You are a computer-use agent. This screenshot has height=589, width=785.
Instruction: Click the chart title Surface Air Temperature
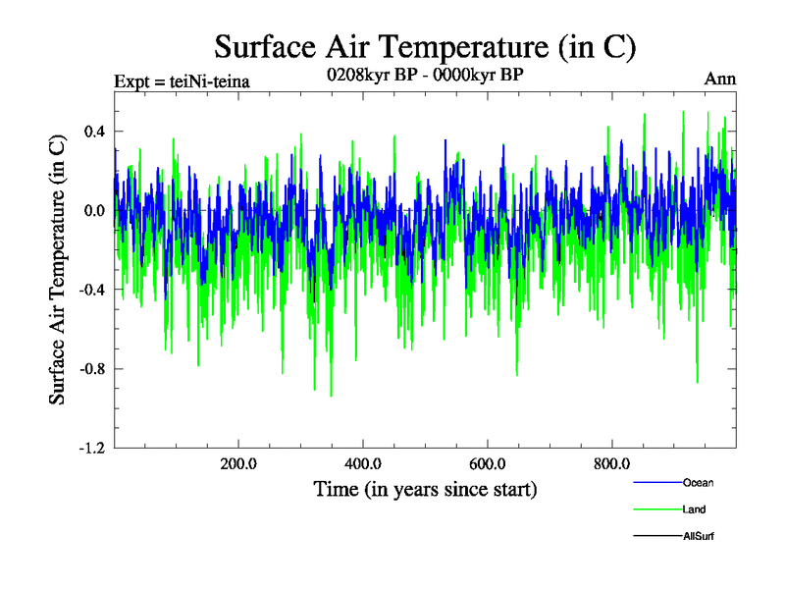(x=426, y=46)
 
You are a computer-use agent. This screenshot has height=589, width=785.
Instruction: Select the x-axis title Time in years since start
(x=425, y=488)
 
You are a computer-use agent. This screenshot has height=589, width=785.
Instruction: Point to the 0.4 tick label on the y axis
(x=93, y=132)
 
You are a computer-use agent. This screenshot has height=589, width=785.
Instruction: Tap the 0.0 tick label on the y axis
(x=93, y=211)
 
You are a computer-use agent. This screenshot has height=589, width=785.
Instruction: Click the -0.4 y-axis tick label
(x=91, y=290)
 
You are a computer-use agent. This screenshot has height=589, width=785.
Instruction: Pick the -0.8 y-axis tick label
(x=91, y=369)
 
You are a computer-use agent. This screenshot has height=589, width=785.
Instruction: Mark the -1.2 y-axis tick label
(x=91, y=449)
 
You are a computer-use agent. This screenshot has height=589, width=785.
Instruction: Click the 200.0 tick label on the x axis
(x=238, y=464)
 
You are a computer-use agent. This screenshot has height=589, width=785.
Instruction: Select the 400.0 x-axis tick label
(x=363, y=464)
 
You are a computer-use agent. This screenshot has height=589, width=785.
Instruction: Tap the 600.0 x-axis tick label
(x=488, y=464)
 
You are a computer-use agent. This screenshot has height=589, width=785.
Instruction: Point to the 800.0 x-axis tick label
(x=612, y=464)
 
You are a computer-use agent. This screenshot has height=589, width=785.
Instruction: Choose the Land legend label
(x=694, y=509)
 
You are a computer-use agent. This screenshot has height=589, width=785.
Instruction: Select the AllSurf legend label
(x=699, y=536)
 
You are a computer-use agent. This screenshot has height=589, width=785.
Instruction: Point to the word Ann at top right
(x=720, y=80)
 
